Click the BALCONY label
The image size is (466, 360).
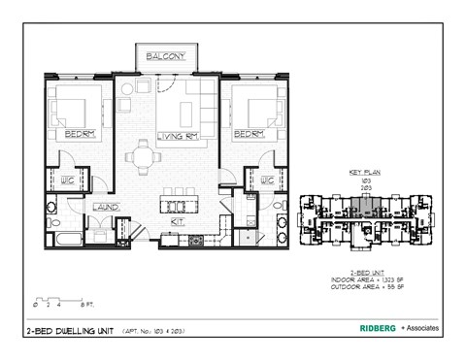pos(167,57)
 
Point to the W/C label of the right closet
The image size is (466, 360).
pos(264,180)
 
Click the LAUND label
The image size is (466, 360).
pos(105,208)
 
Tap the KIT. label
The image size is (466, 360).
pos(178,221)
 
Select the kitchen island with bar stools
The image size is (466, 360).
pos(178,205)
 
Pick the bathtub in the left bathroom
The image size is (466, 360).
pos(69,237)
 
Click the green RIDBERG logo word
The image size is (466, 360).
pos(371,329)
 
